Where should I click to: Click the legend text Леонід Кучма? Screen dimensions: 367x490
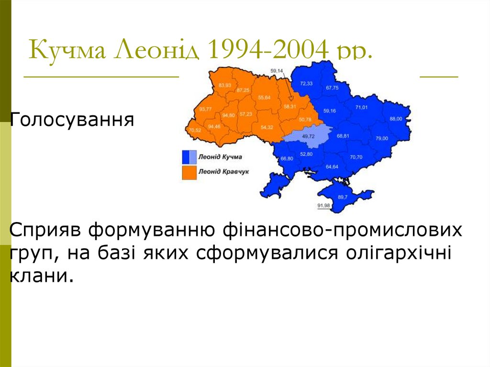pos(220,156)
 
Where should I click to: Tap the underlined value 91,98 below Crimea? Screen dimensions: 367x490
pos(323,205)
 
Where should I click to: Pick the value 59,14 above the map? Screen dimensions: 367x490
pos(277,71)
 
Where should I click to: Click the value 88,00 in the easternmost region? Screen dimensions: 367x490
pos(396,118)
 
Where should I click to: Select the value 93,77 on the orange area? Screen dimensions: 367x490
pos(206,109)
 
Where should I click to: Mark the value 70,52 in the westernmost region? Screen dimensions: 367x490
pos(195,130)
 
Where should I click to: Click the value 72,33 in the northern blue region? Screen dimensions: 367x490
pos(306,83)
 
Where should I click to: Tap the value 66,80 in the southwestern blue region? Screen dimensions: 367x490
pos(287,158)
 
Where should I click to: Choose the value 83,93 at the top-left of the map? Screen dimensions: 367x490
pos(224,85)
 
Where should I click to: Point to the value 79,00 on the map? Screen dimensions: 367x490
pos(381,138)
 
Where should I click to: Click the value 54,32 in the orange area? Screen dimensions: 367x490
pos(267,127)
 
